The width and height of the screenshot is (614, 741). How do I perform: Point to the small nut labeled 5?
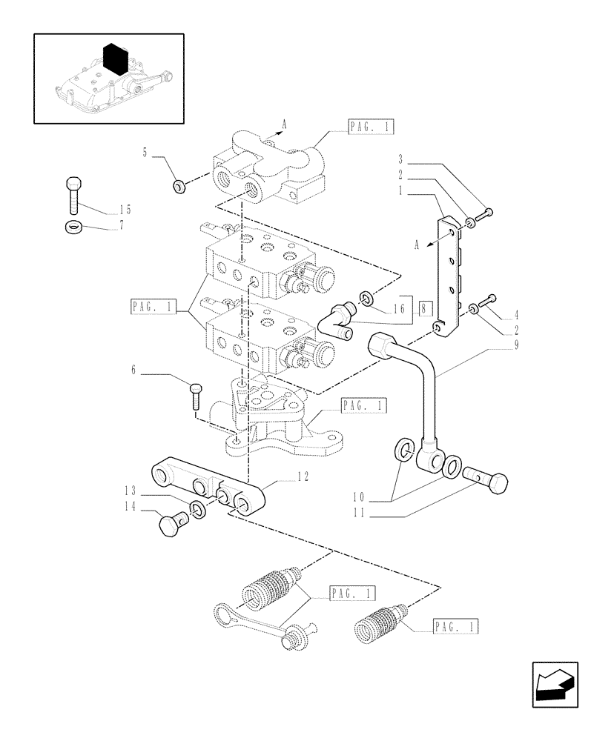click(x=179, y=186)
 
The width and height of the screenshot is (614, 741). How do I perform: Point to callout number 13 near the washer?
click(x=131, y=491)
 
